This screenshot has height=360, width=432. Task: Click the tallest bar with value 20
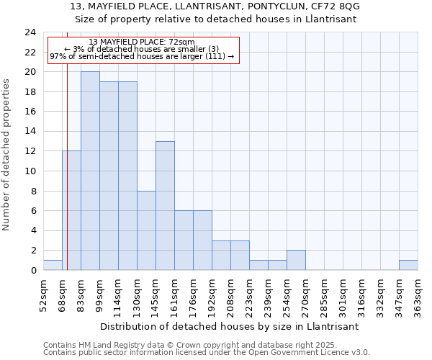(x=90, y=171)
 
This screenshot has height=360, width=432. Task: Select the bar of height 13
(x=165, y=206)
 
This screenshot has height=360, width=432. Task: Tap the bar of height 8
(x=146, y=230)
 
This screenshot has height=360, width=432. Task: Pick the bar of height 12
(x=71, y=210)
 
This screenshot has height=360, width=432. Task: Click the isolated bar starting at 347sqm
(x=408, y=265)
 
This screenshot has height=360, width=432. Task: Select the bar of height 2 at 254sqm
(x=296, y=260)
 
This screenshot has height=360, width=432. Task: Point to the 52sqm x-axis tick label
(x=43, y=292)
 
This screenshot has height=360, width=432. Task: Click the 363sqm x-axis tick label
(x=418, y=292)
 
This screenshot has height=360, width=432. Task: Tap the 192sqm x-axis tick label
(x=212, y=292)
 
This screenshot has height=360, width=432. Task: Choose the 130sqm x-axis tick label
(x=137, y=292)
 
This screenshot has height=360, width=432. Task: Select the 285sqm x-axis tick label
(x=324, y=292)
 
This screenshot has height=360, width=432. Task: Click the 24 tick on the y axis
(x=30, y=32)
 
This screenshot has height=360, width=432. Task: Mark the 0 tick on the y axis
(x=33, y=270)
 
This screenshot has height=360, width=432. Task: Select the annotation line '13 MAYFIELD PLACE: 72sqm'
(x=142, y=42)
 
